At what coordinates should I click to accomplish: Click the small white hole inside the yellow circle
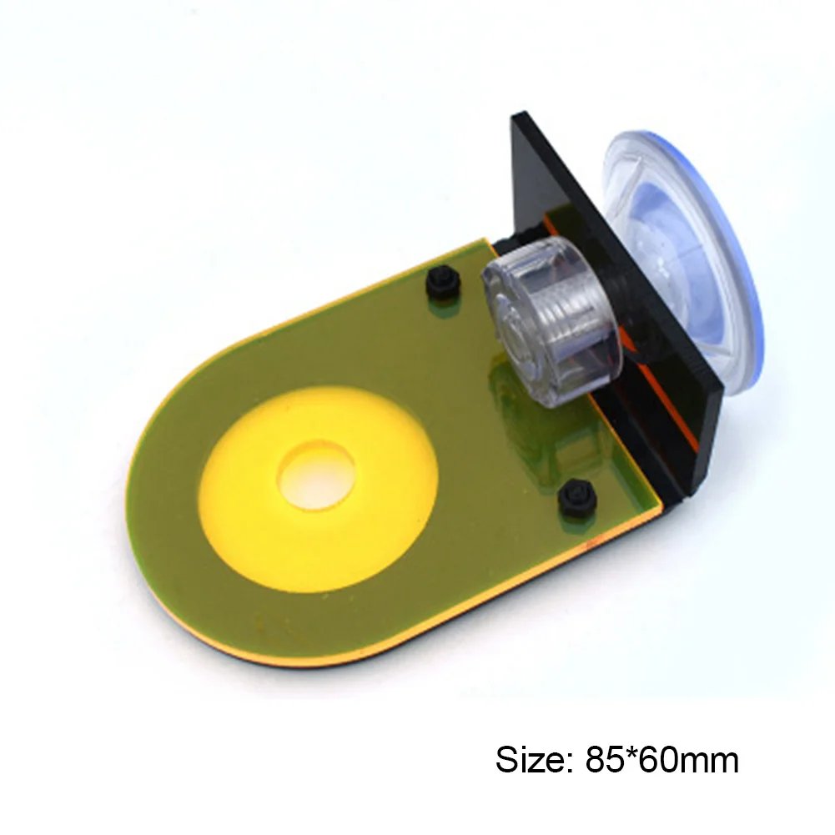(x=316, y=474)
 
